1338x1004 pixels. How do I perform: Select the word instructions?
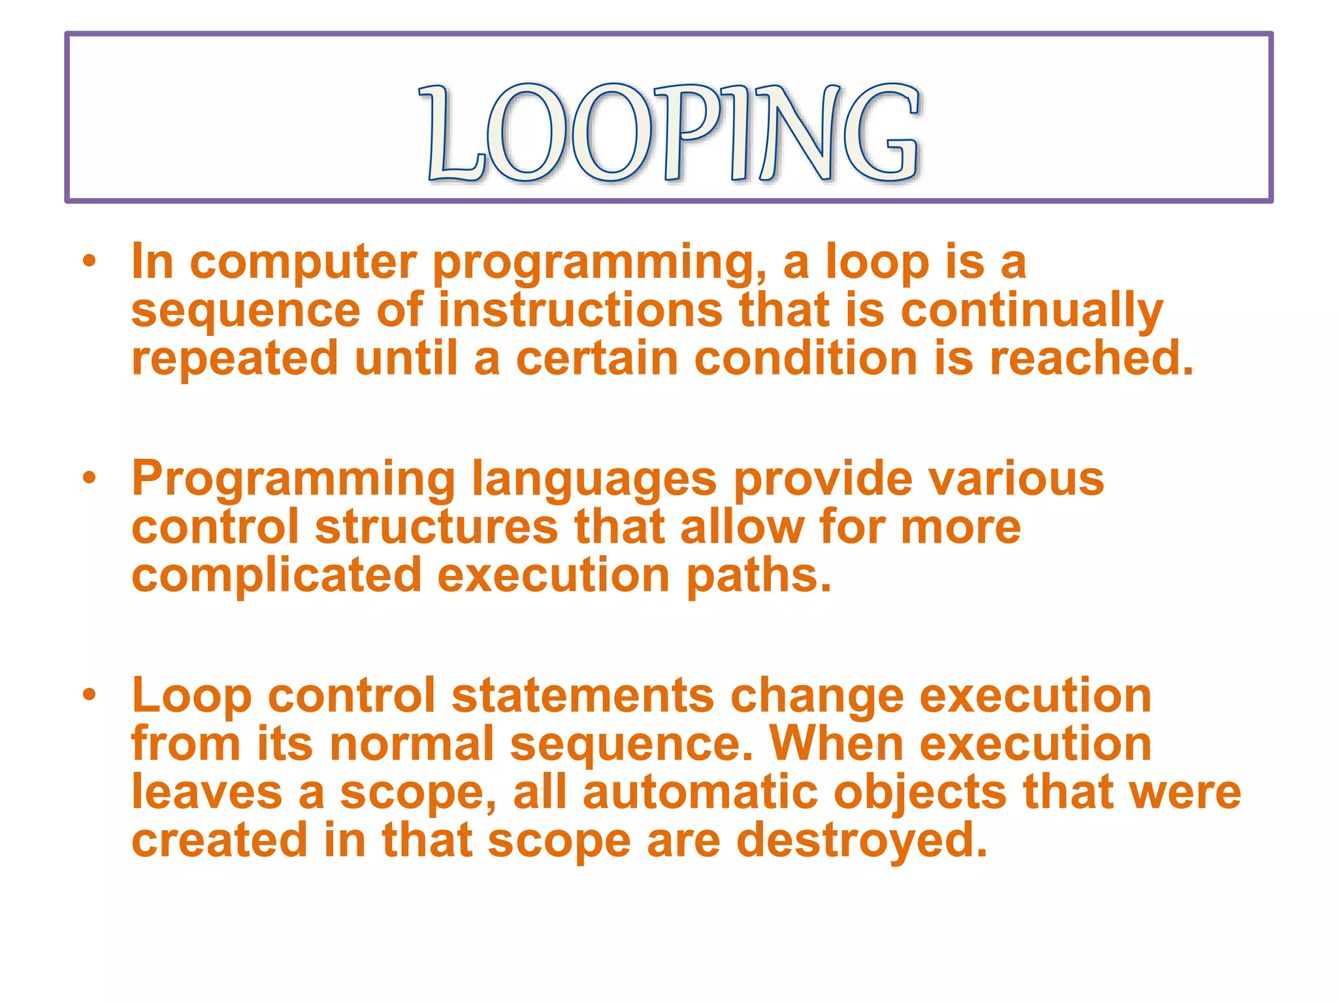580,310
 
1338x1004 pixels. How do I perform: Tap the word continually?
1032,312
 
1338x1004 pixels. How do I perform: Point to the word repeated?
235,360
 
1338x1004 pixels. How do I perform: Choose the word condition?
806,359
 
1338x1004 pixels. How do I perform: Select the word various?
1017,479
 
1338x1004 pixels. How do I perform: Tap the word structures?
436,527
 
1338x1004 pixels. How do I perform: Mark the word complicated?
276,576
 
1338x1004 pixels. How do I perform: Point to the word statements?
583,695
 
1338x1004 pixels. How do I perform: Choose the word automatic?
700,792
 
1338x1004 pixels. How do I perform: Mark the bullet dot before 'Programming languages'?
90,479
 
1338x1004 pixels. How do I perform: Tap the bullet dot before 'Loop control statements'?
90,695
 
